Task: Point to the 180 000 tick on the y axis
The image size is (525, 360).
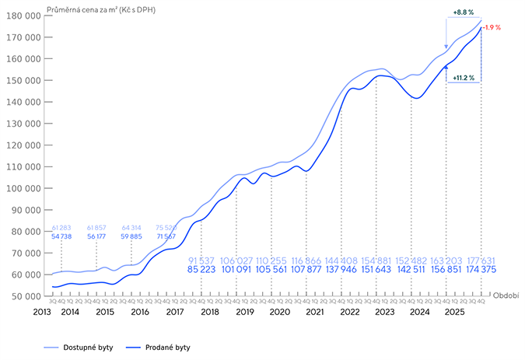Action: point(24,15)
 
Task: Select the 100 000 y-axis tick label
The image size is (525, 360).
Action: point(24,188)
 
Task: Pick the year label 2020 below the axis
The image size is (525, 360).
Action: point(279,312)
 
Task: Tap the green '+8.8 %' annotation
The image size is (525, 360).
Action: point(464,13)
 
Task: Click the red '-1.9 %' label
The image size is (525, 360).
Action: point(492,27)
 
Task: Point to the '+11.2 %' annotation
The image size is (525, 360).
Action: point(464,78)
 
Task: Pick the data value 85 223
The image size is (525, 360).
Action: point(203,270)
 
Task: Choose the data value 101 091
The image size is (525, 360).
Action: point(238,270)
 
